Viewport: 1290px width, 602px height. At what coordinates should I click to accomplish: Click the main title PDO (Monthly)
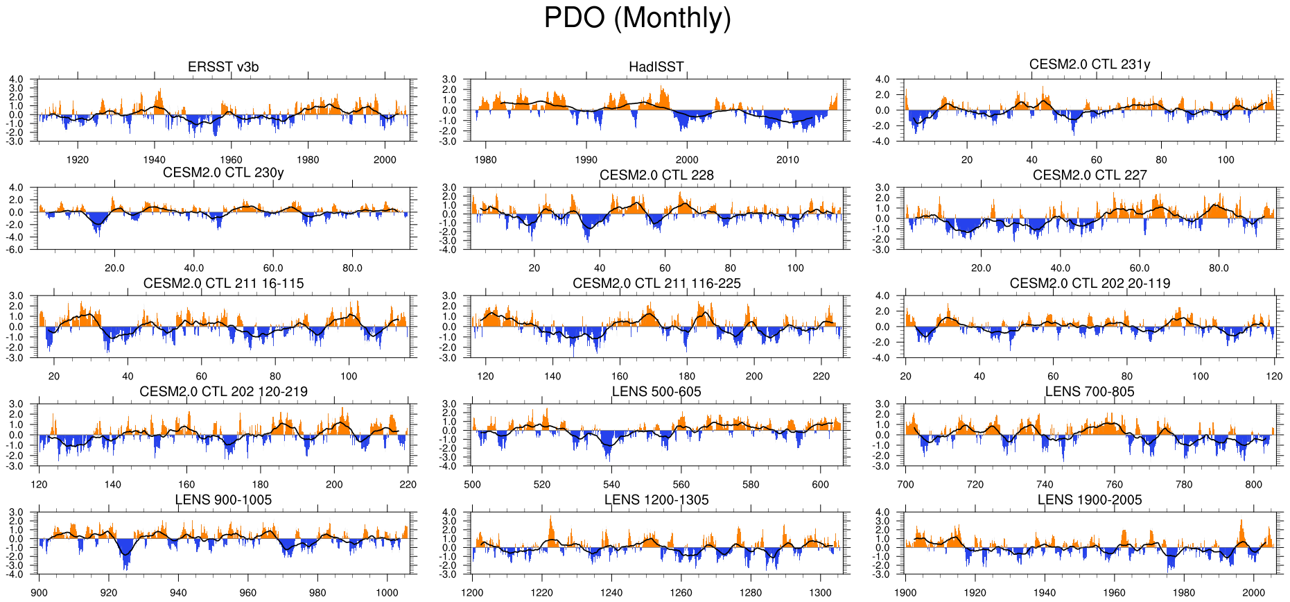coord(637,18)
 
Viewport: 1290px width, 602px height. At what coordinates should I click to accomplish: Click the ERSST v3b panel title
coord(223,67)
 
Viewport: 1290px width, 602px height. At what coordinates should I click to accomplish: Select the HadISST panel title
coord(656,67)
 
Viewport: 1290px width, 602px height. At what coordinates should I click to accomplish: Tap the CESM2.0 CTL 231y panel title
coord(1089,64)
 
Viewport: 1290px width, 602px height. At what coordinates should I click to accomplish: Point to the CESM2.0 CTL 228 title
coord(656,175)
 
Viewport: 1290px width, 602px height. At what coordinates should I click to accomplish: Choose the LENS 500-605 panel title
coord(656,392)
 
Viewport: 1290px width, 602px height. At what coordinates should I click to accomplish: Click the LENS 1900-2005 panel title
coord(1089,500)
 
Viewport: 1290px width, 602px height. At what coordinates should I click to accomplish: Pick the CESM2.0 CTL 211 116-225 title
coord(656,284)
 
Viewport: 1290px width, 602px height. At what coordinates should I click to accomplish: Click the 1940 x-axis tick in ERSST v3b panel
coord(154,160)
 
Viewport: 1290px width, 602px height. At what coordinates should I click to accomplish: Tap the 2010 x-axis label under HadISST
coord(787,160)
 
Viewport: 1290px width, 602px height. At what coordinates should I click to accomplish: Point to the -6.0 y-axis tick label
coord(16,250)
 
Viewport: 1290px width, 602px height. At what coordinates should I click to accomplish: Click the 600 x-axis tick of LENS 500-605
coord(820,484)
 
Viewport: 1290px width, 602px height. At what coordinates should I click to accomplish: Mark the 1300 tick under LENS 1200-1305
coord(820,592)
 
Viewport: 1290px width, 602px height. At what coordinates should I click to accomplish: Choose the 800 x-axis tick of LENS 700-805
coord(1253,484)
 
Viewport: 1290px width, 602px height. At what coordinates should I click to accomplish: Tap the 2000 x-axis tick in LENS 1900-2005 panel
coord(1253,592)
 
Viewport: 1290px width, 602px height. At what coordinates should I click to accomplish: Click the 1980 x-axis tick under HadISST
coord(485,160)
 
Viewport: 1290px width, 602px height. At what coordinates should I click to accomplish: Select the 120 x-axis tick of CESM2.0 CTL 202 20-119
coord(1274,376)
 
